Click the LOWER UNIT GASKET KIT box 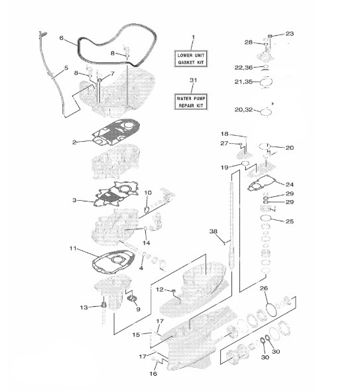pyautogui.click(x=191, y=59)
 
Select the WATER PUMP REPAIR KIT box pyautogui.click(x=191, y=102)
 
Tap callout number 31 pyautogui.click(x=193, y=80)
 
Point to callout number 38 pyautogui.click(x=213, y=231)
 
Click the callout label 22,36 pyautogui.click(x=243, y=68)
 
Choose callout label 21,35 pyautogui.click(x=243, y=82)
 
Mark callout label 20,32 pyautogui.click(x=243, y=110)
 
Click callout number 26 pyautogui.click(x=264, y=288)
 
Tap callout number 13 pyautogui.click(x=84, y=307)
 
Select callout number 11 pyautogui.click(x=73, y=249)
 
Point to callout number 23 pyautogui.click(x=290, y=34)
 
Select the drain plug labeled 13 pyautogui.click(x=104, y=305)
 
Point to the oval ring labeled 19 pyautogui.click(x=245, y=163)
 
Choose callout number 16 pyautogui.click(x=153, y=374)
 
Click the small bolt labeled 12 pyautogui.click(x=174, y=290)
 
